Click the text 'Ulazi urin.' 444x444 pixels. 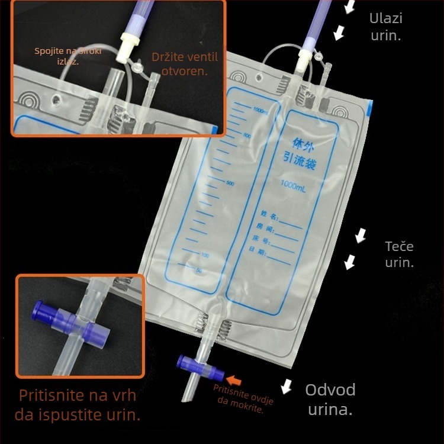pos(386,27)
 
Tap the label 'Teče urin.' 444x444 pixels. pos(400,254)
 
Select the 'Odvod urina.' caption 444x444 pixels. pos(330,398)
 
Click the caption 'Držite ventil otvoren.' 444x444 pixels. pos(185,64)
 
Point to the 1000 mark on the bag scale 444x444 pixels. pos(261,111)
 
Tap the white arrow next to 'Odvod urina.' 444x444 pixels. pos(287,386)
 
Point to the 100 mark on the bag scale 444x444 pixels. pos(205,255)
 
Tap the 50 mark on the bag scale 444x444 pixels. pos(199,270)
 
